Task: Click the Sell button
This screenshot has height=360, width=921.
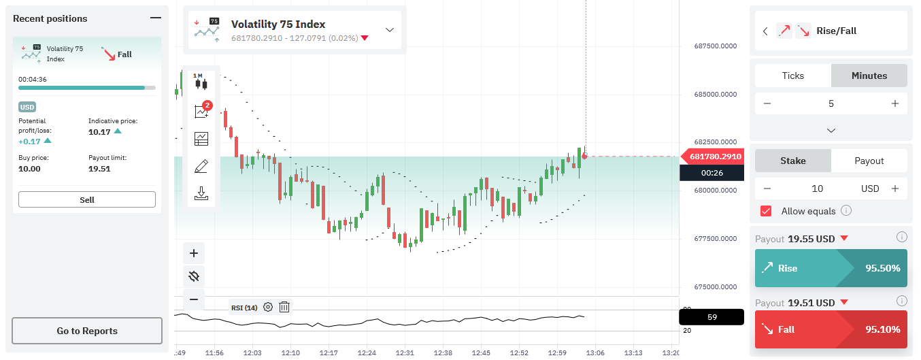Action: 87,199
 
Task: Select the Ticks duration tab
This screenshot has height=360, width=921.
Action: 793,76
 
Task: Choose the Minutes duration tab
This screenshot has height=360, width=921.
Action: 869,76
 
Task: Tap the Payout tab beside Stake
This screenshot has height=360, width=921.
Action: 869,161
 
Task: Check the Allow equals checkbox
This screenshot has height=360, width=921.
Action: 766,211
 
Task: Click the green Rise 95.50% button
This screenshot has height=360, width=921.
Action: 831,268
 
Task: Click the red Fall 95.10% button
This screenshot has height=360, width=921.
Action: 831,329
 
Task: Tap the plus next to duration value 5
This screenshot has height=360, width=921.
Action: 895,103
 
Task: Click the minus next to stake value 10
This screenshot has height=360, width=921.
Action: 767,189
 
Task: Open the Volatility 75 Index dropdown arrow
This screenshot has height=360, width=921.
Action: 390,30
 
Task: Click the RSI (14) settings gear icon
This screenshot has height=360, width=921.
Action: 268,307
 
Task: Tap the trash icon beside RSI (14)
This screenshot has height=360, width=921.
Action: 284,307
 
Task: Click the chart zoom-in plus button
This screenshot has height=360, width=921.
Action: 194,253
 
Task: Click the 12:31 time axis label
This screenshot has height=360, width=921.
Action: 405,353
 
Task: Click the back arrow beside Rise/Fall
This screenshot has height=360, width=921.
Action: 765,31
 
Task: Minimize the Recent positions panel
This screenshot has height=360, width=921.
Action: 156,18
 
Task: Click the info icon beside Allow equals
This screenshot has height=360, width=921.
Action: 846,210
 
